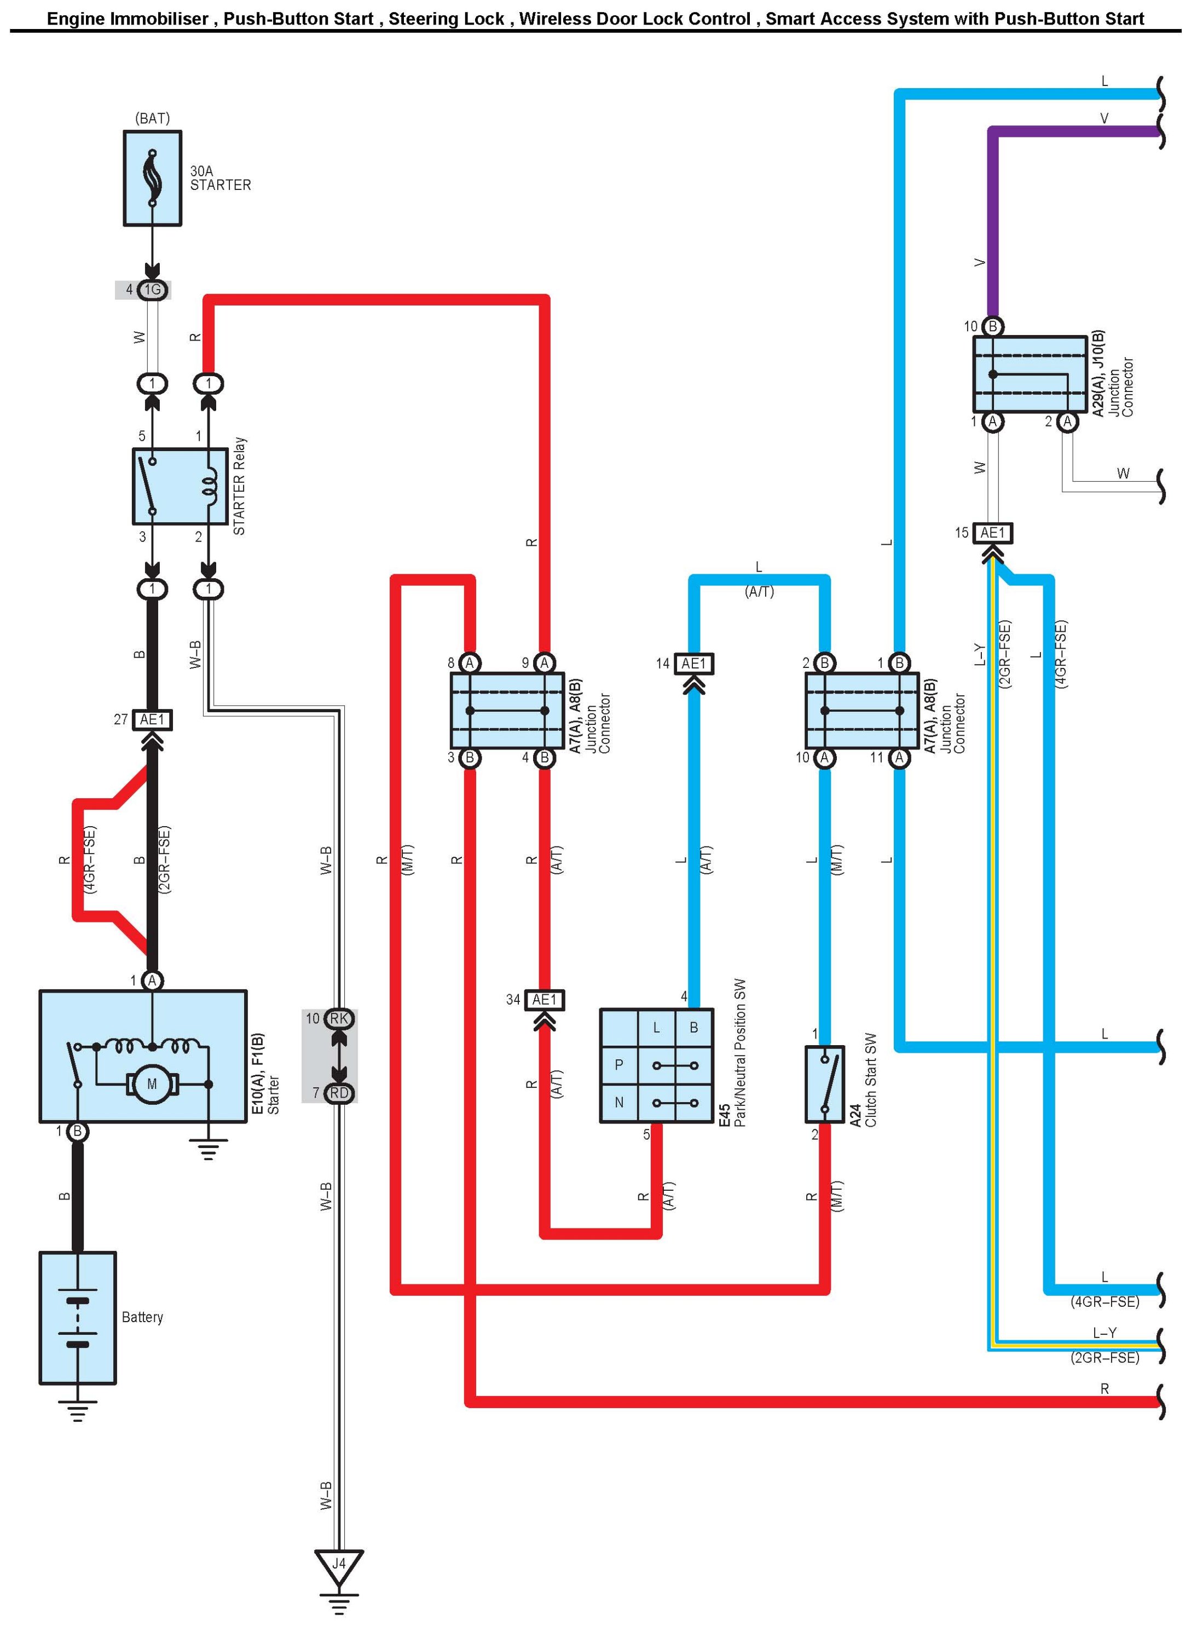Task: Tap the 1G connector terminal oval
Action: point(152,290)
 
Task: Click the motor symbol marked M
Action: point(152,1084)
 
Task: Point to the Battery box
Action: point(78,1317)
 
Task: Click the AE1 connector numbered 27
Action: point(153,719)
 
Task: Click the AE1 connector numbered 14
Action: point(693,663)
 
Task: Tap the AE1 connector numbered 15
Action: point(993,533)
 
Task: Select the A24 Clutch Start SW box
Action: point(825,1085)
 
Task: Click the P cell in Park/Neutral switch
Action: point(619,1065)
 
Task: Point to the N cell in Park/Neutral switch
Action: point(619,1103)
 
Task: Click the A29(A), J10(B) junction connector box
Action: point(1030,374)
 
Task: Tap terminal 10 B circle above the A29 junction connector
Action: point(993,327)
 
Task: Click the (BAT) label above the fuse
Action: point(152,118)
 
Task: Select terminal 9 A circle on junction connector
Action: point(544,662)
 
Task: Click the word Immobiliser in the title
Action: point(158,19)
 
